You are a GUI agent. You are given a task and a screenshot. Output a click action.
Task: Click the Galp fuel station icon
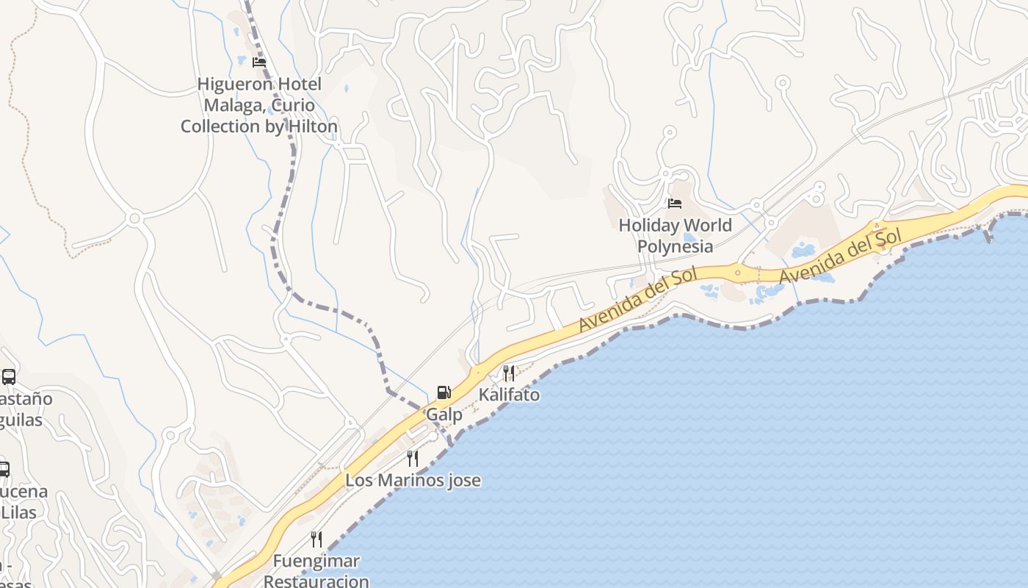[444, 392]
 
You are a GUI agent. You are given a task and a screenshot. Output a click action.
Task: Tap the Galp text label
[444, 415]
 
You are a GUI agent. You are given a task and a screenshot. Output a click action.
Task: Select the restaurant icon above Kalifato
[509, 373]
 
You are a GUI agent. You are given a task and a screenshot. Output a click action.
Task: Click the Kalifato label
[509, 395]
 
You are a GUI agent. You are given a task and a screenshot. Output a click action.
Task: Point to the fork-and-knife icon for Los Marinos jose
[413, 459]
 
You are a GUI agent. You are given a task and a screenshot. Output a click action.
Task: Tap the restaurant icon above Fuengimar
[316, 539]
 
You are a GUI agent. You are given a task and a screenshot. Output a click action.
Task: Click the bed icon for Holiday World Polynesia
[674, 204]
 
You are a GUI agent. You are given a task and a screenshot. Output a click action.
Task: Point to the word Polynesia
[675, 246]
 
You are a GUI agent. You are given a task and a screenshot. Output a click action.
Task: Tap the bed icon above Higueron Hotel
[258, 62]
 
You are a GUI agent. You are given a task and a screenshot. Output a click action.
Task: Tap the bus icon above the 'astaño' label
[9, 377]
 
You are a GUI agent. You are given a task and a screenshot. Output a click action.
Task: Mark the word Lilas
[19, 512]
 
